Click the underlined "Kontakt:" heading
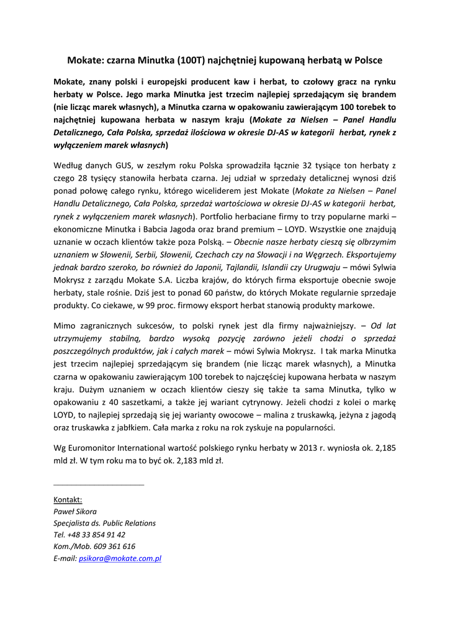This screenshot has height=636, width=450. pos(68,499)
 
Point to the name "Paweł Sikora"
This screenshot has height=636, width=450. pos(75,511)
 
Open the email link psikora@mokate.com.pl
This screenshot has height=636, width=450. pos(120,558)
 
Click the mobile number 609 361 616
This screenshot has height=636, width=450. pos(115,547)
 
